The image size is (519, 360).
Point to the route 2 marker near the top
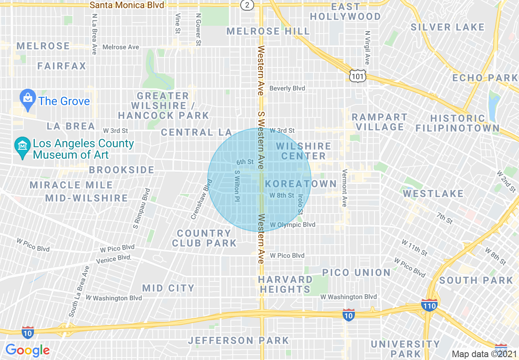(x=247, y=5)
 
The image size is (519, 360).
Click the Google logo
(x=27, y=350)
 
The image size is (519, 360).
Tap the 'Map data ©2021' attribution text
(x=484, y=354)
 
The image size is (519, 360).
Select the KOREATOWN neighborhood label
(x=300, y=184)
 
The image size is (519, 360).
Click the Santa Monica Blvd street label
(x=127, y=5)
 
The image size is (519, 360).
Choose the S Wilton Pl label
(x=236, y=186)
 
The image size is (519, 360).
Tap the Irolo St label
(x=300, y=205)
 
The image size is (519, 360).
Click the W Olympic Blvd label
(x=292, y=225)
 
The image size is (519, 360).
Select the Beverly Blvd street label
(x=287, y=88)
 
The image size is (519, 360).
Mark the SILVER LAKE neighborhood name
(x=447, y=27)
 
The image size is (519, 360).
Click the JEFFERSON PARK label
(x=238, y=340)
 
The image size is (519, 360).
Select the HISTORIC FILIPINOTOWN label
(x=458, y=123)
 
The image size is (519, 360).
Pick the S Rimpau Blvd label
(x=141, y=208)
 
